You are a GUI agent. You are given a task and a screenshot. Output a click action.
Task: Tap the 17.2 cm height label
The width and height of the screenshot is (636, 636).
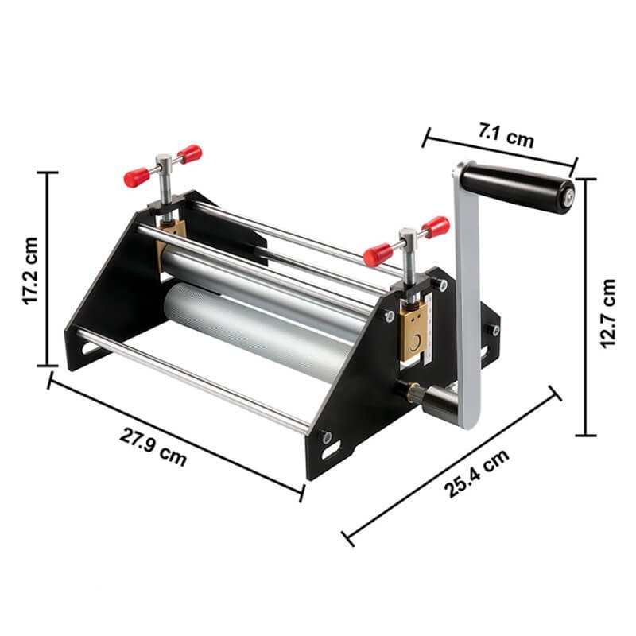tap(30, 270)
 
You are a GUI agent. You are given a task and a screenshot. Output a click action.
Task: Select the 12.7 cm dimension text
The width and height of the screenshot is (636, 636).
tap(607, 313)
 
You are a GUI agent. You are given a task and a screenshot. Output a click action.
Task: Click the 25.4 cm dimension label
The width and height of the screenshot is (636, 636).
tap(476, 472)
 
